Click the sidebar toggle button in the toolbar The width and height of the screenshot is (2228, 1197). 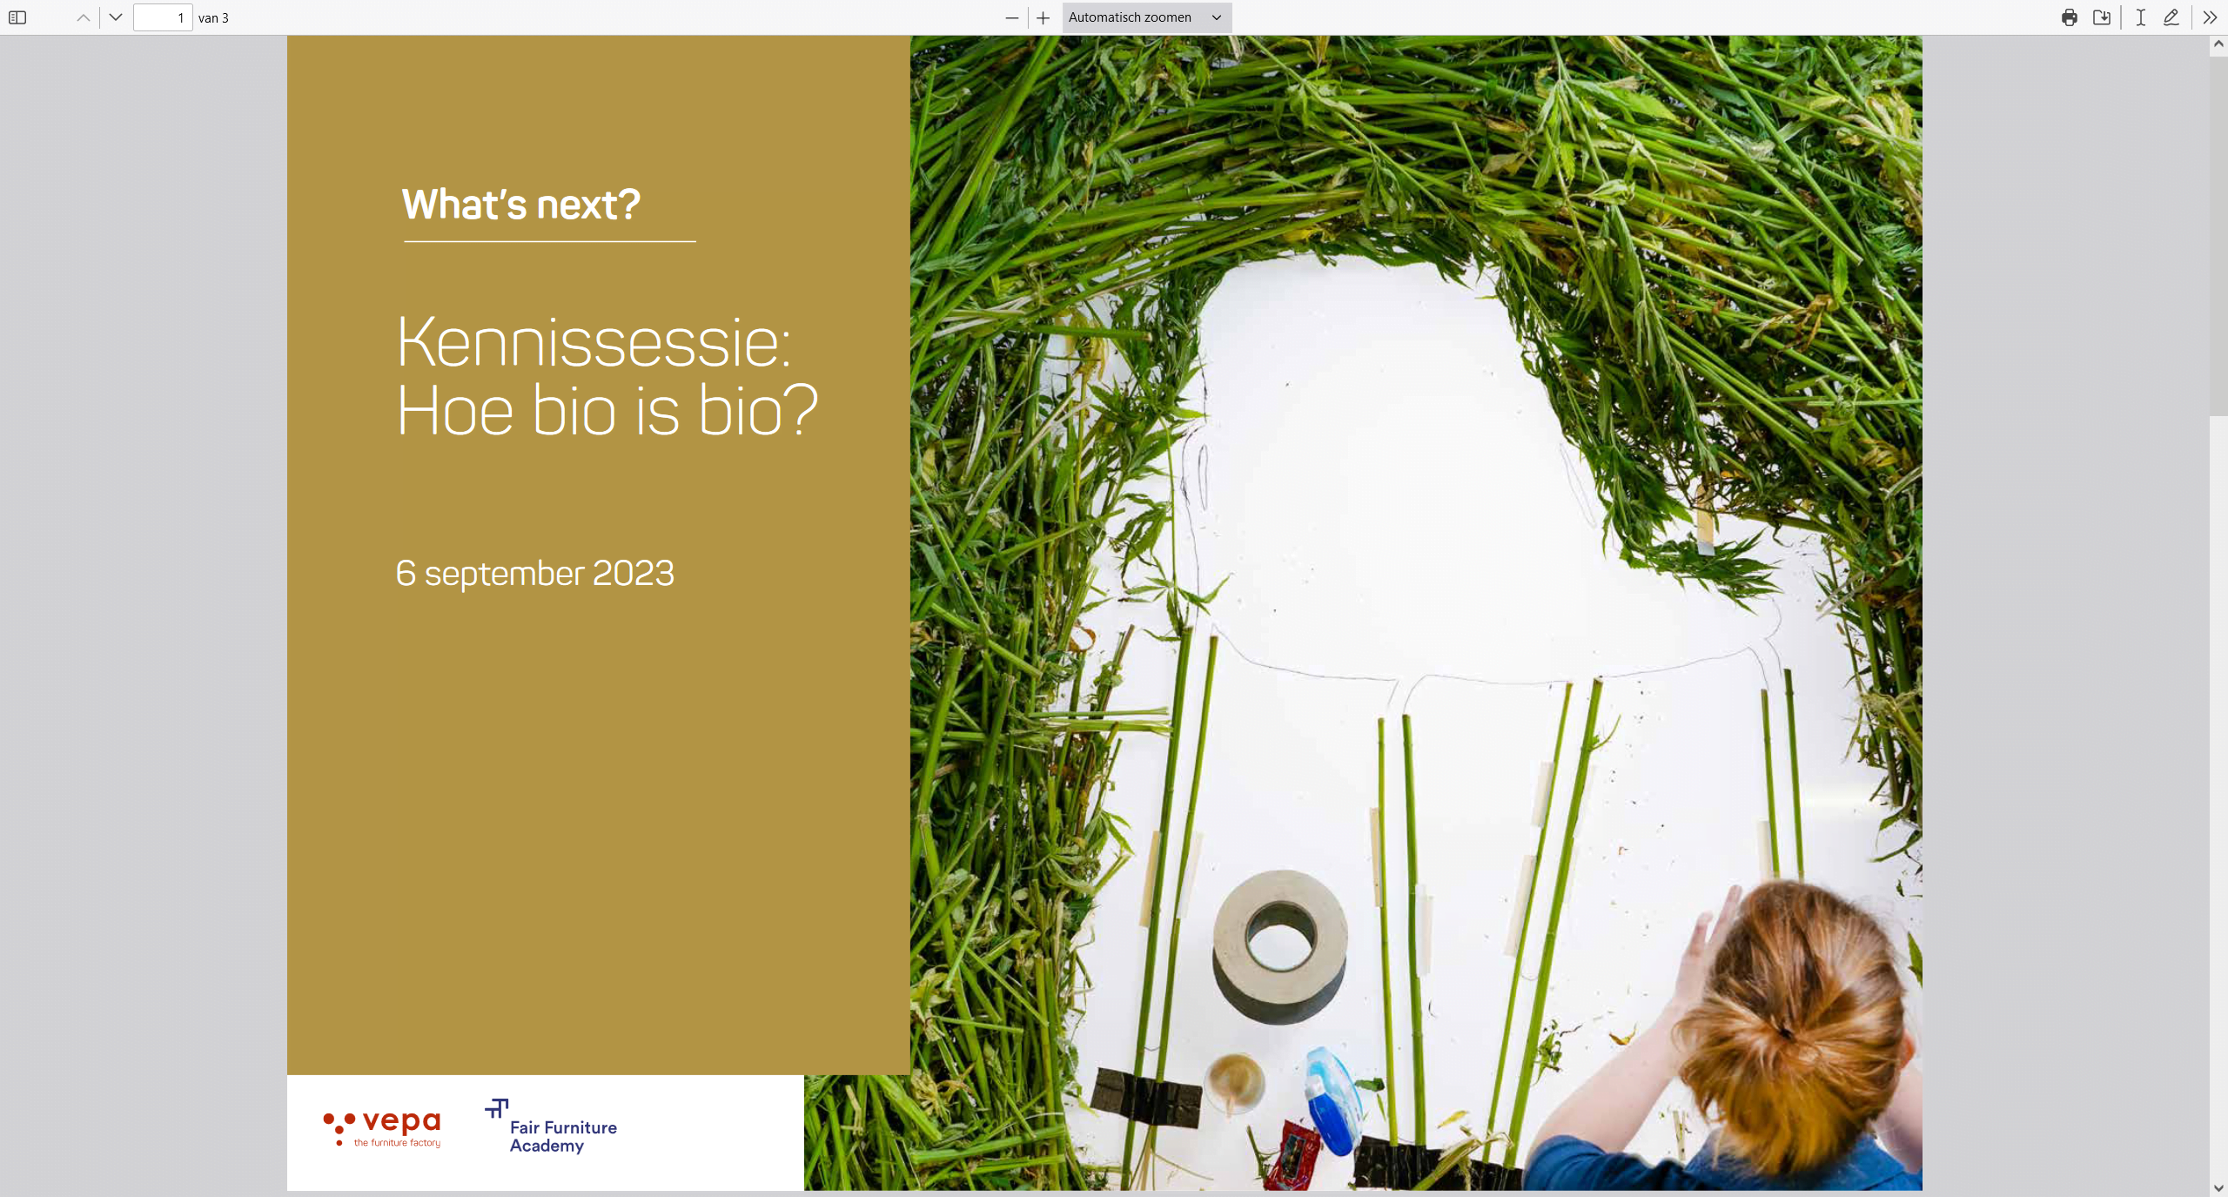click(17, 17)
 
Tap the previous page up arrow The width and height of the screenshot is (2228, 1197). click(84, 17)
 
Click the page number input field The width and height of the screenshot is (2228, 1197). click(163, 17)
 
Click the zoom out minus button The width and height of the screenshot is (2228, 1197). click(1012, 17)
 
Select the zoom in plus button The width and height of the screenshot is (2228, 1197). click(1044, 17)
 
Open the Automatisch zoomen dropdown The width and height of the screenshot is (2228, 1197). click(1146, 17)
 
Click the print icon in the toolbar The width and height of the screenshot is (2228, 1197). click(2070, 17)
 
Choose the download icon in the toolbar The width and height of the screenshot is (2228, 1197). click(2102, 17)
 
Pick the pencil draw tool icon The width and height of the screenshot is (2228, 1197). click(2171, 17)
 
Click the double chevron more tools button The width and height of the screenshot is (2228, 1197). click(2210, 17)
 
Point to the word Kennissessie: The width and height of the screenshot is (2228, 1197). click(594, 342)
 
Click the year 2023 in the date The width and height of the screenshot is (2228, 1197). click(633, 573)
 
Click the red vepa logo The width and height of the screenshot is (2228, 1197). click(382, 1127)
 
